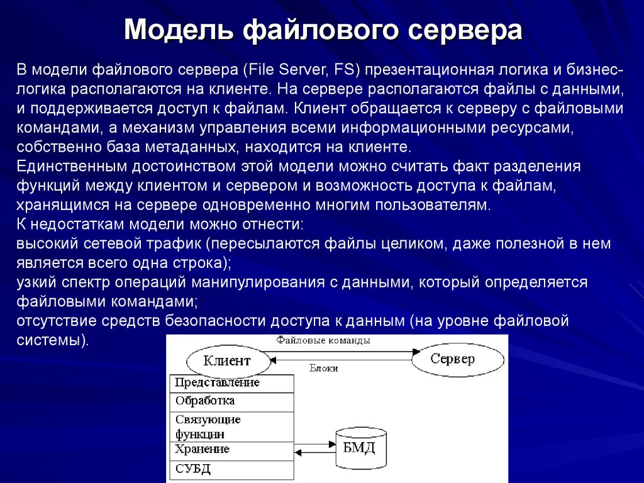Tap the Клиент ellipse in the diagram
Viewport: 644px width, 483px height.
[227, 361]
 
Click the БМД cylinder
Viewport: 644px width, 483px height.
[359, 448]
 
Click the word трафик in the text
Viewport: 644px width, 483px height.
[171, 243]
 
